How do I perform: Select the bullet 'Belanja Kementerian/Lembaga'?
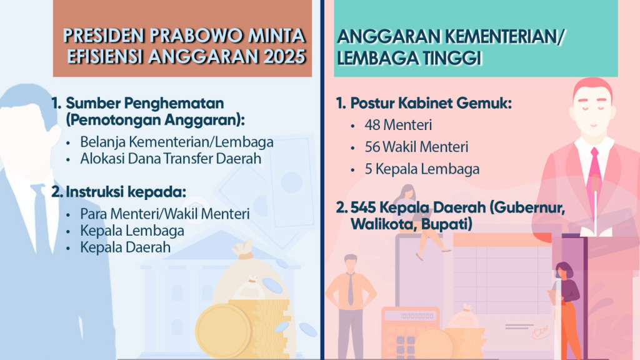coord(177,142)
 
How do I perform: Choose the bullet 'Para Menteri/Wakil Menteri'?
coord(165,214)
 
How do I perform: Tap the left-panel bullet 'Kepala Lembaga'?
coord(132,231)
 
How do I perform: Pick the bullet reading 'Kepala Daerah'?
coord(125,247)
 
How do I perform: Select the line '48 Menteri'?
coord(398,124)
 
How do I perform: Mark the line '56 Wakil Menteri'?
coord(416,147)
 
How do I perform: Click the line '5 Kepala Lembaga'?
coord(413,169)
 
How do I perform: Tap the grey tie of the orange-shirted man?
coord(351,288)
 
